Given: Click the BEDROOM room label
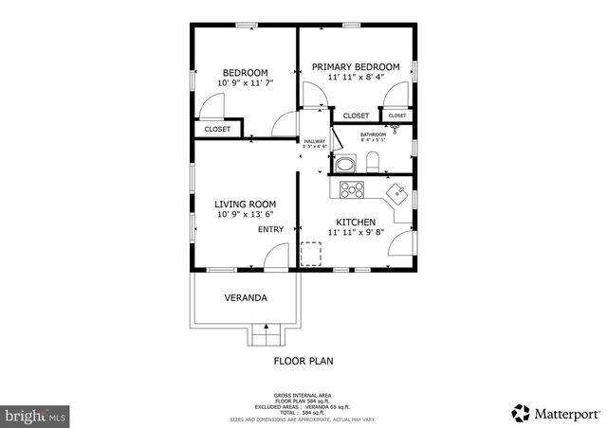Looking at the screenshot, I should [245, 73].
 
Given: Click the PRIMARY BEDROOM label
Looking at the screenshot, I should [357, 66].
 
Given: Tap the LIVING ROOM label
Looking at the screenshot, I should [245, 204].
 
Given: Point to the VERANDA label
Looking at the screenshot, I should [245, 297].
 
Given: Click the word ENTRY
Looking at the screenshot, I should [270, 229].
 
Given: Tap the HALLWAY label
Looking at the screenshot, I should [314, 141].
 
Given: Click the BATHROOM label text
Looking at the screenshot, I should [373, 134].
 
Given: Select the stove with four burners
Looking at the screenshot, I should [352, 189].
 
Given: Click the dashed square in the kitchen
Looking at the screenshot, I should [311, 254].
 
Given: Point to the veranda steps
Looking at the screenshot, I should [267, 334].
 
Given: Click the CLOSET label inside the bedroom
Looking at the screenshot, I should [217, 129].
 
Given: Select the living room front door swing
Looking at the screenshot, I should [275, 256].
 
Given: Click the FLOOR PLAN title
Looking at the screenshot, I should [303, 361].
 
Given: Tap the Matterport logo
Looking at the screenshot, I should [556, 413].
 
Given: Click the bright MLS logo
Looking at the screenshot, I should [36, 415].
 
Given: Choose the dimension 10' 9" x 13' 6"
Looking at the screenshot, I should [245, 216].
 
